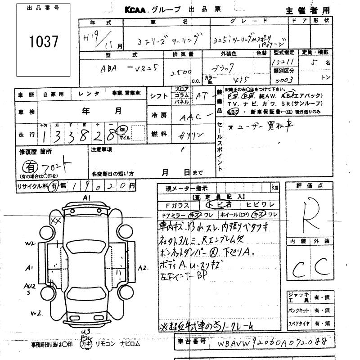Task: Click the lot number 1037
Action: point(43,42)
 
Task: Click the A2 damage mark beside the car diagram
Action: point(143,269)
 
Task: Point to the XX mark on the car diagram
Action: point(56,220)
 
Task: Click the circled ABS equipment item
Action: point(233,111)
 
